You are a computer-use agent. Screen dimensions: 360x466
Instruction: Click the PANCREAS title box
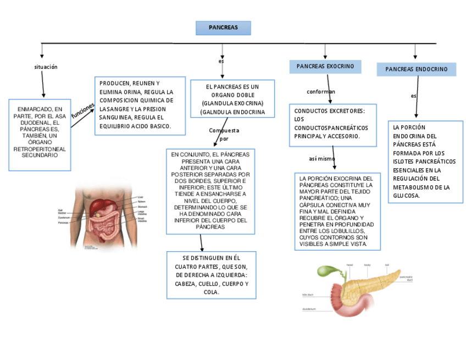223,28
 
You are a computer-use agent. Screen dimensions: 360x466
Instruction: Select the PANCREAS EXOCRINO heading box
325,67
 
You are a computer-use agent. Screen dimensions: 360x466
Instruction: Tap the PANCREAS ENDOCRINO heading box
416,69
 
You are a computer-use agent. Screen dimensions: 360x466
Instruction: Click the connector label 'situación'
46,67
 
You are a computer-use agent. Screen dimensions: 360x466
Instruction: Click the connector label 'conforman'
321,92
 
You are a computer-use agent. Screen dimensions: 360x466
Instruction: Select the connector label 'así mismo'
321,159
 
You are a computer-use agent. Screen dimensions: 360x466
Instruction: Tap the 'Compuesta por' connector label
224,135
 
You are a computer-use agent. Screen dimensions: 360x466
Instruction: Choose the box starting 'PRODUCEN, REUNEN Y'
140,105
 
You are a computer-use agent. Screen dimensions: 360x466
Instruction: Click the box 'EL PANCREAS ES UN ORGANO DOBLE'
232,99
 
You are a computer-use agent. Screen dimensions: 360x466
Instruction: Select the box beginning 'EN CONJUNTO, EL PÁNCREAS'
210,191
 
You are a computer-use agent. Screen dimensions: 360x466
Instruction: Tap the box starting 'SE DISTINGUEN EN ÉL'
211,275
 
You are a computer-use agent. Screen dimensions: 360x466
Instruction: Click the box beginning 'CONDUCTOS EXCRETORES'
332,124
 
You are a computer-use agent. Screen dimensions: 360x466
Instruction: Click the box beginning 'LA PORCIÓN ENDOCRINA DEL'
425,162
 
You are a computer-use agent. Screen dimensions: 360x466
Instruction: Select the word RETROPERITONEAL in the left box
40,149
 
